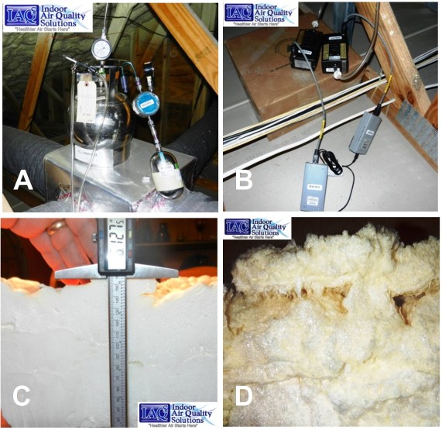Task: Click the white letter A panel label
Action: tap(24, 183)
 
